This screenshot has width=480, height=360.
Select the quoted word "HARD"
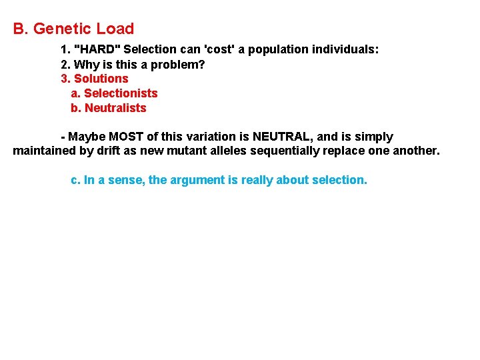(97, 50)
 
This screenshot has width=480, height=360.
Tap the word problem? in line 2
(181, 65)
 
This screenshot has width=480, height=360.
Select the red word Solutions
(101, 79)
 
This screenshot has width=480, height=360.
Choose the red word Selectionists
(121, 93)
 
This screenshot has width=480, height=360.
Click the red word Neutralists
(115, 108)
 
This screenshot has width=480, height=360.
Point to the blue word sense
(126, 180)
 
